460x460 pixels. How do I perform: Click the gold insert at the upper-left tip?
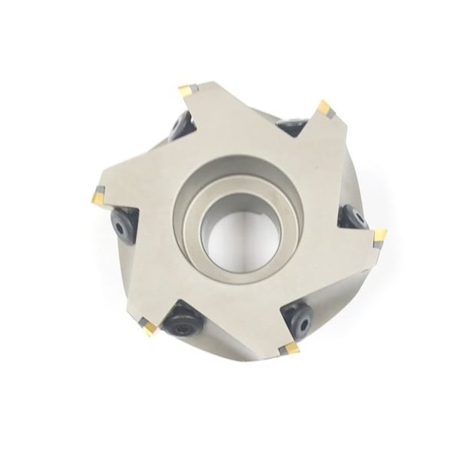pyautogui.click(x=190, y=93)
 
